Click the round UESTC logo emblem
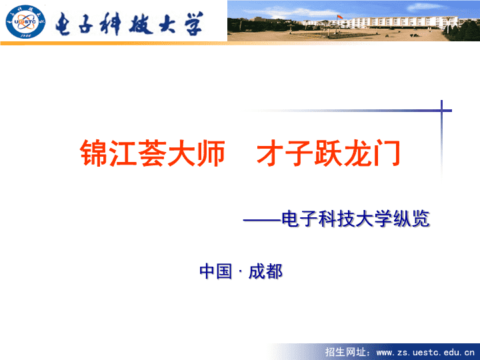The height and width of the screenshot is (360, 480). [x=25, y=22]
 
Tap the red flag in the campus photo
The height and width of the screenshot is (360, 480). [x=340, y=17]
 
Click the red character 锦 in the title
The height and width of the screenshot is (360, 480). [x=94, y=153]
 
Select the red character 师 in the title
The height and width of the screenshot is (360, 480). [x=211, y=153]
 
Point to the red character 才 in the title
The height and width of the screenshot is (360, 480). [x=270, y=153]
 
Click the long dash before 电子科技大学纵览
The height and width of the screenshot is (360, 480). [x=262, y=220]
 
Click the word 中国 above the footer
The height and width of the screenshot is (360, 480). [x=215, y=271]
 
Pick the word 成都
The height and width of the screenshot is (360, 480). [x=265, y=271]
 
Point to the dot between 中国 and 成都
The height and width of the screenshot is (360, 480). [x=240, y=271]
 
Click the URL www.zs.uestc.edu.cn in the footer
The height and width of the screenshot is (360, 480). [x=425, y=353]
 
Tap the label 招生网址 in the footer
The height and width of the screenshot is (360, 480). [x=345, y=352]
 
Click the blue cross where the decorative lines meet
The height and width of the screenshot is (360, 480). [x=441, y=111]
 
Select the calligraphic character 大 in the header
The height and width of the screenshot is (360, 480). [x=167, y=24]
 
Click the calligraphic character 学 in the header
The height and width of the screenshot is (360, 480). [x=193, y=24]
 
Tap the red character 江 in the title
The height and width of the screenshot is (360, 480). [x=123, y=153]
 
